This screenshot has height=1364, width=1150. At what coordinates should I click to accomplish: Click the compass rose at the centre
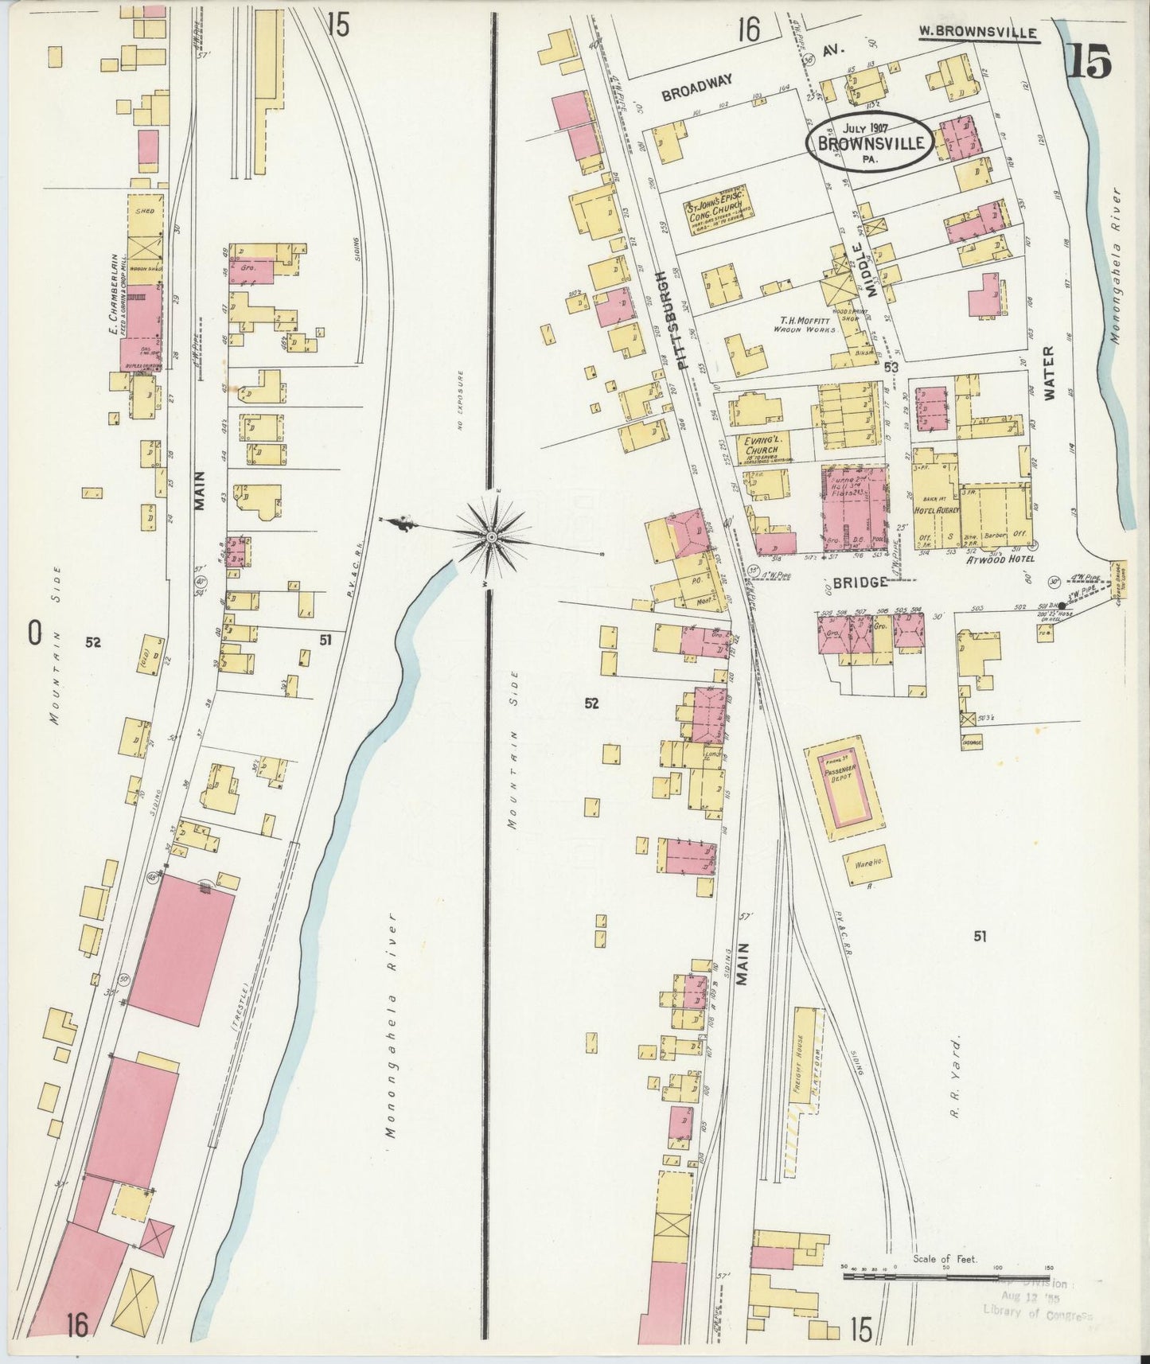click(x=491, y=539)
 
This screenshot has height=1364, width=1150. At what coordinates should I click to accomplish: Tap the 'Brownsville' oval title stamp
click(x=868, y=141)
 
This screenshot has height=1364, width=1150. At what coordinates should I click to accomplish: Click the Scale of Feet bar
click(x=947, y=1276)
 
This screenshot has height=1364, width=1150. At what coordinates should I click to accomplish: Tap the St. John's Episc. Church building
click(x=719, y=209)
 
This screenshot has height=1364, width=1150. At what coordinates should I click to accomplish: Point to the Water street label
click(x=1047, y=372)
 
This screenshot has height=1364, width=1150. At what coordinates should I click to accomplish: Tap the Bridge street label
click(x=861, y=583)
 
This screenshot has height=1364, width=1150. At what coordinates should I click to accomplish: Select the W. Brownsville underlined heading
click(x=978, y=33)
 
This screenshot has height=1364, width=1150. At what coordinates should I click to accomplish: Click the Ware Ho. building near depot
click(x=867, y=865)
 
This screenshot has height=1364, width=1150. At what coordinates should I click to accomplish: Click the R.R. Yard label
click(x=956, y=1077)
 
